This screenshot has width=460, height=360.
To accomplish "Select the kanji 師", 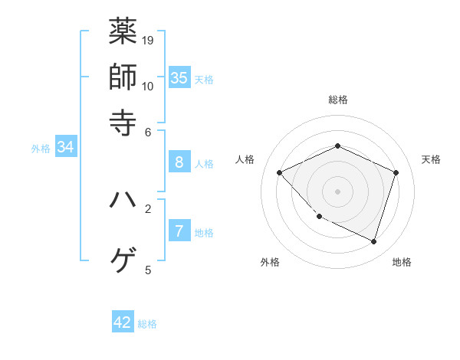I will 123,77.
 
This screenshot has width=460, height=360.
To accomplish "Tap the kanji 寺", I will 123,121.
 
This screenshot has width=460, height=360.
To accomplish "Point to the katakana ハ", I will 123,200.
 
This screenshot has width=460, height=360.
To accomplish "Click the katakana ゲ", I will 123,260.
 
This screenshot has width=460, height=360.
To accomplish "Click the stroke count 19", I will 148,40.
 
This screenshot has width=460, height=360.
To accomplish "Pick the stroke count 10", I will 148,86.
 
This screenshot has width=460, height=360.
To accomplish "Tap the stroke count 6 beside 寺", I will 148,131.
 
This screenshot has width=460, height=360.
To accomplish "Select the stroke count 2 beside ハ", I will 148,208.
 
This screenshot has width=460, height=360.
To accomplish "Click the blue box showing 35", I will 179,77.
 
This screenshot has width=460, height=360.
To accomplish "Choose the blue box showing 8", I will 179,162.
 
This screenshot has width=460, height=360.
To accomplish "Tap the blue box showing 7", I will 179,231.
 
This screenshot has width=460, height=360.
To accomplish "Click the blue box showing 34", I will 65,148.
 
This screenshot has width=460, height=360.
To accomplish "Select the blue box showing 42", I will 123,322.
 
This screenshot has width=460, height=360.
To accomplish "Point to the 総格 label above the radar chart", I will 338,100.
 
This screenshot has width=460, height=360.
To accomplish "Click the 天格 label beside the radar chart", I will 431,159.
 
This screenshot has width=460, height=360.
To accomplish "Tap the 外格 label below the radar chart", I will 270,263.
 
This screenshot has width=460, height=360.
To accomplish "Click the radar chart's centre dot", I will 337,191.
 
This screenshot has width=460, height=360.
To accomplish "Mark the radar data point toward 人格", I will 280,173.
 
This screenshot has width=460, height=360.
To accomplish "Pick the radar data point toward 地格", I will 373,241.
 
